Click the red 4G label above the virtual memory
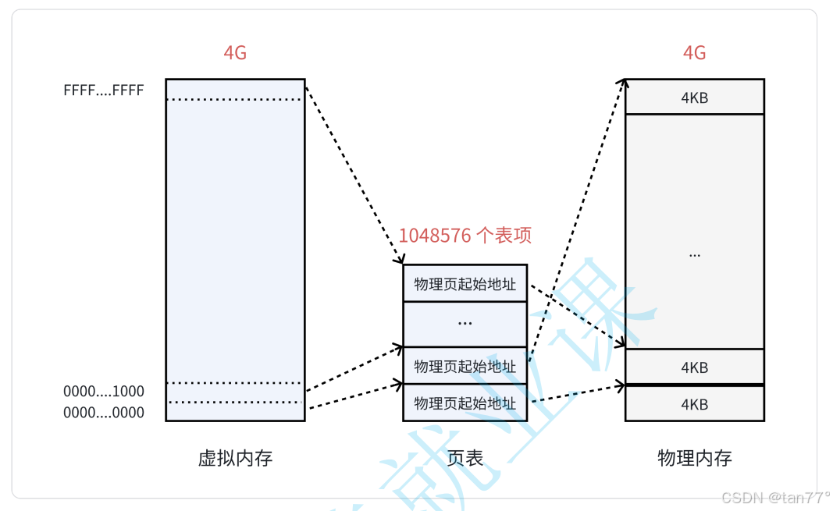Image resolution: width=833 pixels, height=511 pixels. (235, 53)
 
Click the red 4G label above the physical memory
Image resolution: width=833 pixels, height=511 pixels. (694, 53)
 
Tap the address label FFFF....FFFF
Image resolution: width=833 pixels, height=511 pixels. (104, 90)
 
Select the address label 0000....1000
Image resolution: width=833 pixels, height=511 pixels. (104, 392)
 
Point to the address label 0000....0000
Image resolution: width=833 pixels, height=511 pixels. (104, 413)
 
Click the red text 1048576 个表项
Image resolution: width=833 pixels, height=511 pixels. (465, 235)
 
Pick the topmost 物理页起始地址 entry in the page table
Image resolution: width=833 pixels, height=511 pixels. (465, 284)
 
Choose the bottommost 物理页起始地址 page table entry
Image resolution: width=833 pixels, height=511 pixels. (465, 403)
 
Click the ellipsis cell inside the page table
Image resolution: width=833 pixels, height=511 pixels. (465, 322)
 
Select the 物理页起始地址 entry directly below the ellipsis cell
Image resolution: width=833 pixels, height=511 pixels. (465, 366)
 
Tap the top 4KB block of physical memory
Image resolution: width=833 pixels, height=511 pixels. (694, 98)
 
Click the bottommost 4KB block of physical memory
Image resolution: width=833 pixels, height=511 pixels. (694, 405)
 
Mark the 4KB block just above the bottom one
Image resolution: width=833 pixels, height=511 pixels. (694, 367)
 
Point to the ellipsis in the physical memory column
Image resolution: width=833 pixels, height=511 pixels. (694, 254)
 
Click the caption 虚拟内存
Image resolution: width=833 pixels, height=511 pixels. (235, 458)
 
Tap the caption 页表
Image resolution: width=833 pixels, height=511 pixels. (465, 458)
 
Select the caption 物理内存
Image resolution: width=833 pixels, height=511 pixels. (694, 458)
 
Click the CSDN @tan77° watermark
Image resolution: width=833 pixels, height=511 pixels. (775, 498)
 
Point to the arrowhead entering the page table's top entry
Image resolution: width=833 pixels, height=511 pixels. (400, 260)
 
